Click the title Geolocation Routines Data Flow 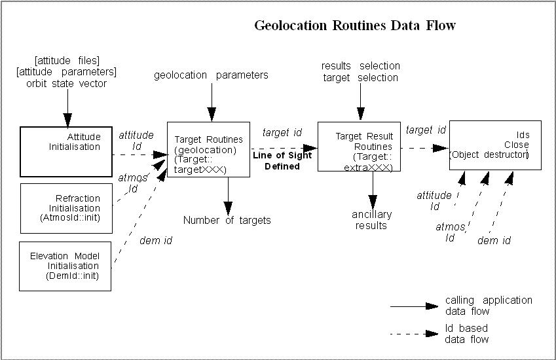(354, 26)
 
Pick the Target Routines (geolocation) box (208, 149)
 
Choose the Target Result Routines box (359, 147)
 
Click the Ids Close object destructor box (495, 145)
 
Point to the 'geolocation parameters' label (211, 75)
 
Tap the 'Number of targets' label (227, 221)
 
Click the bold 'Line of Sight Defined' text (282, 162)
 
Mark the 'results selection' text (360, 66)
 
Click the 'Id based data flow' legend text (466, 334)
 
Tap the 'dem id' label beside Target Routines (155, 241)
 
